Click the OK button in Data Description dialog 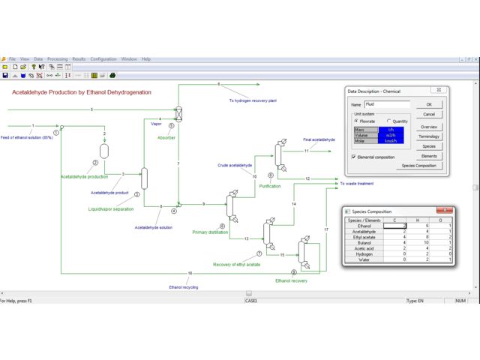tap(429, 104)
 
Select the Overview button tap(429, 127)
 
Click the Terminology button tap(429, 136)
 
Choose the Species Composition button tap(418, 165)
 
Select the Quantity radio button tap(388, 120)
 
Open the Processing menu tap(57, 58)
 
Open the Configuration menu tap(103, 58)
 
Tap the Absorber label tap(166, 138)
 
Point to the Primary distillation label tap(210, 232)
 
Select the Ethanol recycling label tap(184, 286)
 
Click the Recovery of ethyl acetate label tap(237, 265)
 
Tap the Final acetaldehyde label tap(319, 139)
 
